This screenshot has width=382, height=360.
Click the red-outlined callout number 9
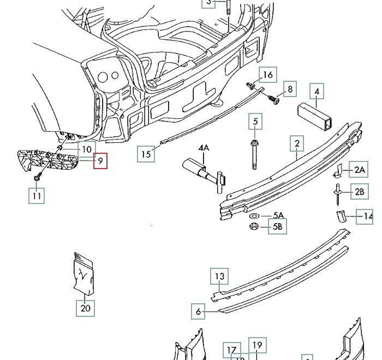click(x=100, y=161)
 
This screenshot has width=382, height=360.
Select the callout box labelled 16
click(x=267, y=75)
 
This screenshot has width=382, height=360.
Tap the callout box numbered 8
click(x=290, y=89)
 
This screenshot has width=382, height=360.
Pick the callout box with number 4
click(x=317, y=91)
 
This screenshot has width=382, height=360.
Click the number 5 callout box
click(x=255, y=121)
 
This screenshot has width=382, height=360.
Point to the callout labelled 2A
click(x=359, y=170)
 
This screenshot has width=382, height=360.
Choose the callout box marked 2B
click(x=359, y=191)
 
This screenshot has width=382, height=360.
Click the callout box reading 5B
click(x=278, y=226)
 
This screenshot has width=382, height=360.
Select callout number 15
click(x=146, y=154)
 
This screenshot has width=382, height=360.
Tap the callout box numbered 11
click(x=37, y=195)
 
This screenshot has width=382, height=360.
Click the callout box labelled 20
click(x=85, y=308)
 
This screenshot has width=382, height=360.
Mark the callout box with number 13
click(x=219, y=277)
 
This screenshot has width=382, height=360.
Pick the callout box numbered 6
click(x=199, y=312)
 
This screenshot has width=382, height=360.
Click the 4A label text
click(x=204, y=148)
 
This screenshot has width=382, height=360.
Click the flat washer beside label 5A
click(x=255, y=216)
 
